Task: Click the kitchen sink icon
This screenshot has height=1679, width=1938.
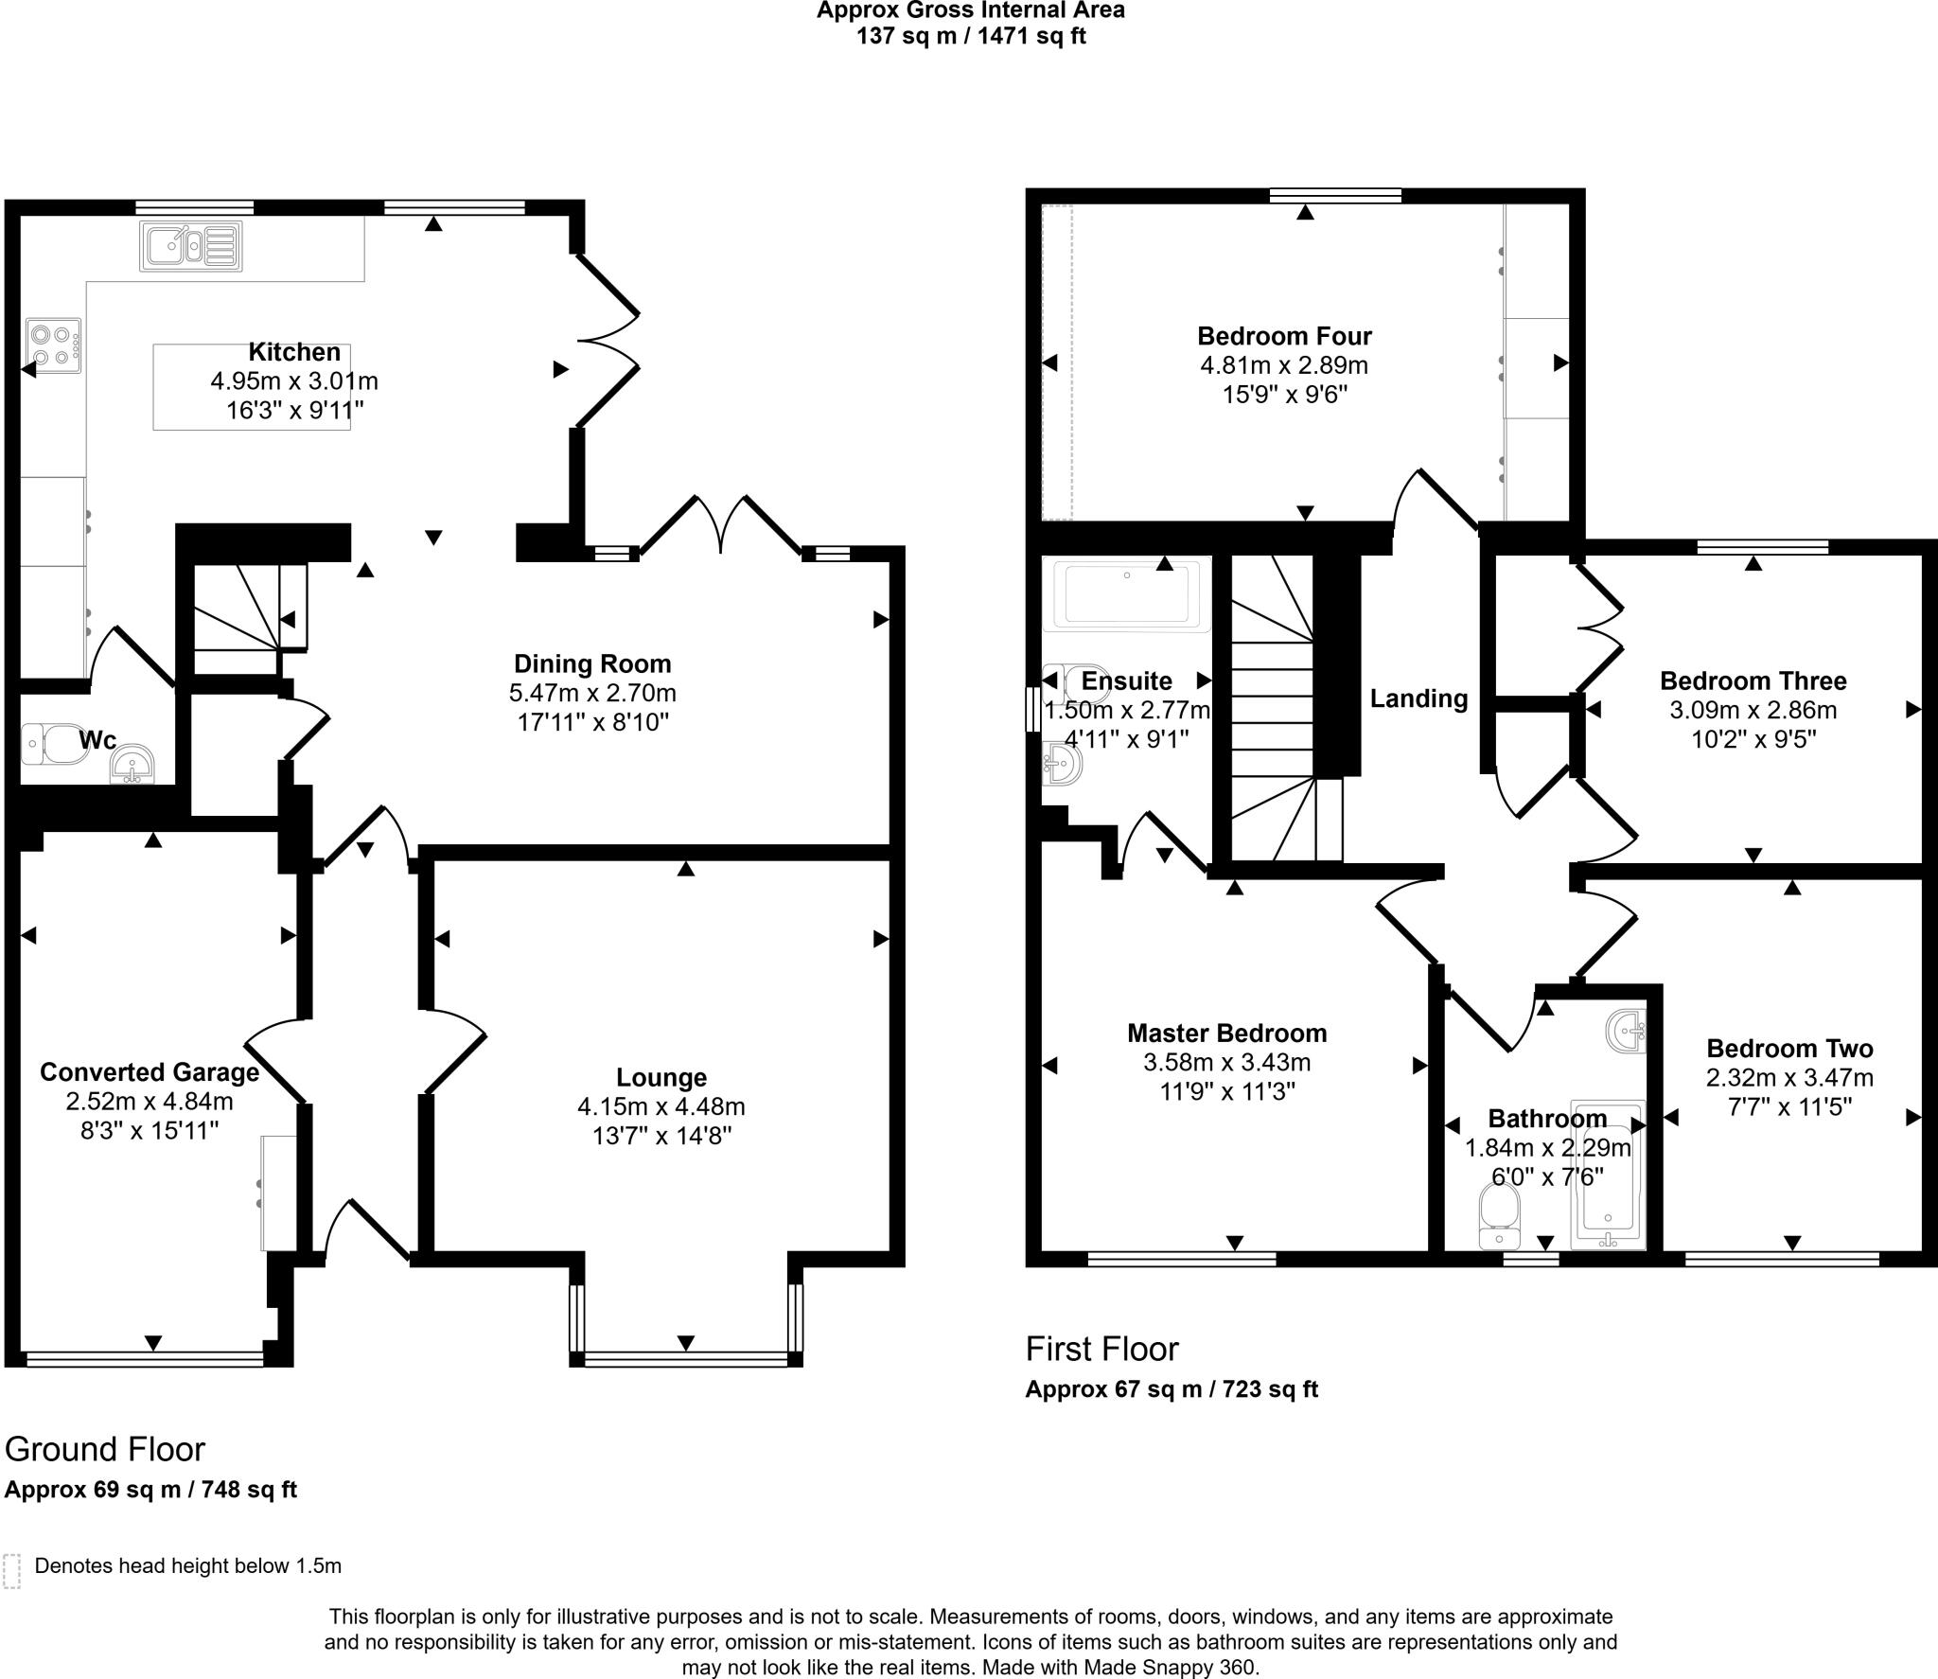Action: click(191, 245)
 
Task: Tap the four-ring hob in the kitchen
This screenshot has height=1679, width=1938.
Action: click(54, 345)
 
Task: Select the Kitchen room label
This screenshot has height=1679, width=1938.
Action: click(294, 352)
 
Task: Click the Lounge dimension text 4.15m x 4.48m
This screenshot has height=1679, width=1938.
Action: click(661, 1106)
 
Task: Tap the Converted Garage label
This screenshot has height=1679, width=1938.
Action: click(150, 1072)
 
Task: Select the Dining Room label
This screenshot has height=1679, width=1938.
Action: click(592, 663)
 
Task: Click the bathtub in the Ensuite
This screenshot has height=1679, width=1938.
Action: click(1125, 594)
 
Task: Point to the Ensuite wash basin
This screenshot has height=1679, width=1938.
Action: click(1064, 764)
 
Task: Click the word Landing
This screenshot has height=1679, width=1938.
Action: click(1418, 698)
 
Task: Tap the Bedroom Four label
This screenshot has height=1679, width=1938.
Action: click(1284, 336)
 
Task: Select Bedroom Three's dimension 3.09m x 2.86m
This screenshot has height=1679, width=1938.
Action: click(1753, 710)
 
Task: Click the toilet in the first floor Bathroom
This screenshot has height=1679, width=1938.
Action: click(1499, 1218)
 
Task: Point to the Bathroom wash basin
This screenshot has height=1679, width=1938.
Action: click(1627, 1032)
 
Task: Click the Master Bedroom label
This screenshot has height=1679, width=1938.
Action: click(1226, 1033)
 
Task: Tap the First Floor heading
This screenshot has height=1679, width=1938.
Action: click(1101, 1349)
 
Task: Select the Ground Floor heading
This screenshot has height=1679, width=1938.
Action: click(105, 1449)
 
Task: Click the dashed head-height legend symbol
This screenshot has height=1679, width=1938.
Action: click(12, 1570)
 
